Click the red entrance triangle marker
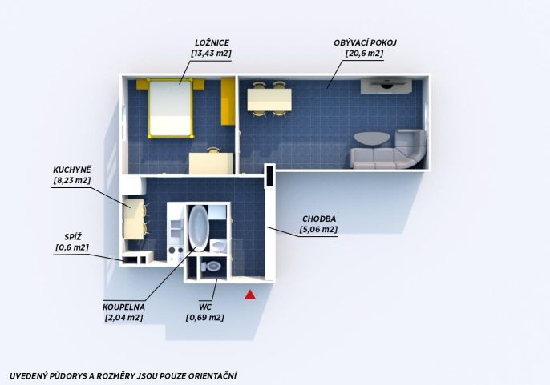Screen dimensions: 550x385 (250, 295)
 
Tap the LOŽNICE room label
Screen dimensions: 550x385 (212, 42)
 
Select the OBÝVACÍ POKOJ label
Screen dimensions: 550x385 (365, 42)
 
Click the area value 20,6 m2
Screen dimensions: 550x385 (364, 54)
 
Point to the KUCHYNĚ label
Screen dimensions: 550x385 (72, 170)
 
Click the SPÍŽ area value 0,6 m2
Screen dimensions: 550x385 (72, 247)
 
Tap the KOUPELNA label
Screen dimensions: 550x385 (123, 307)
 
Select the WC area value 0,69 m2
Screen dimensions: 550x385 (205, 318)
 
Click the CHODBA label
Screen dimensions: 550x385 (319, 219)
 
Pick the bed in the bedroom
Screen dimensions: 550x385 (171, 108)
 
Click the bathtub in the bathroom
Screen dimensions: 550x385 (199, 228)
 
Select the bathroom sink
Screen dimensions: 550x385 (218, 246)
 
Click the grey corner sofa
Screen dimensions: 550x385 (390, 150)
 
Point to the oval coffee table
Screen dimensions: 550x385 (371, 138)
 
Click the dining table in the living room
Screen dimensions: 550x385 (269, 99)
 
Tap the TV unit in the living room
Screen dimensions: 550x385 (386, 86)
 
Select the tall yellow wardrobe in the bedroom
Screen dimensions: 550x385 (228, 101)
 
